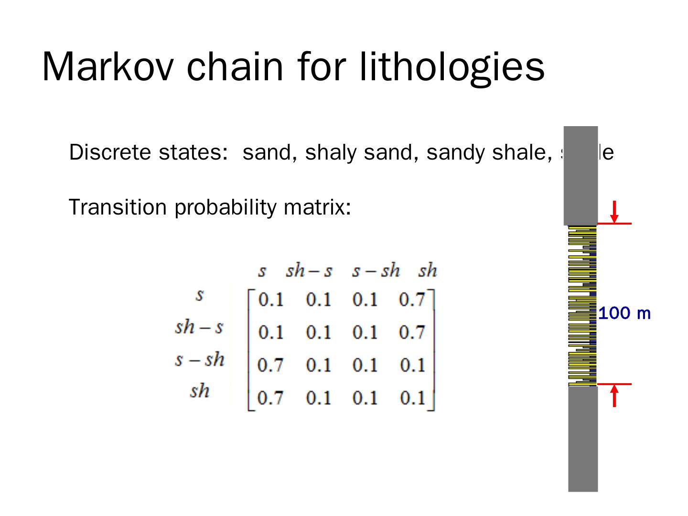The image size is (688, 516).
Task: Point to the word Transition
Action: tap(117, 207)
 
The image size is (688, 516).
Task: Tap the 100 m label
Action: tap(624, 313)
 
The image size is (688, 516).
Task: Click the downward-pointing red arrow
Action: tap(614, 212)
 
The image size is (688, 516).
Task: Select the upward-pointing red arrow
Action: tap(614, 396)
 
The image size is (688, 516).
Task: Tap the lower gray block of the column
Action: tap(583, 438)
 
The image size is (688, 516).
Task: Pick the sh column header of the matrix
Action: tap(427, 271)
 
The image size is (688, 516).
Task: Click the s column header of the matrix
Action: tap(262, 271)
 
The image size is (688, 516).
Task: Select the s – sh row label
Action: tap(199, 359)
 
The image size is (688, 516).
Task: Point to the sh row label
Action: tap(199, 391)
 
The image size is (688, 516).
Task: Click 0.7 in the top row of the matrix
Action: tap(412, 300)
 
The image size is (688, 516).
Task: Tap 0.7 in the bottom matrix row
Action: tap(270, 397)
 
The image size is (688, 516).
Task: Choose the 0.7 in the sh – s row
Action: tap(412, 332)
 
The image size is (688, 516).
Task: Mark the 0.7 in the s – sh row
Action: tap(270, 365)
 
